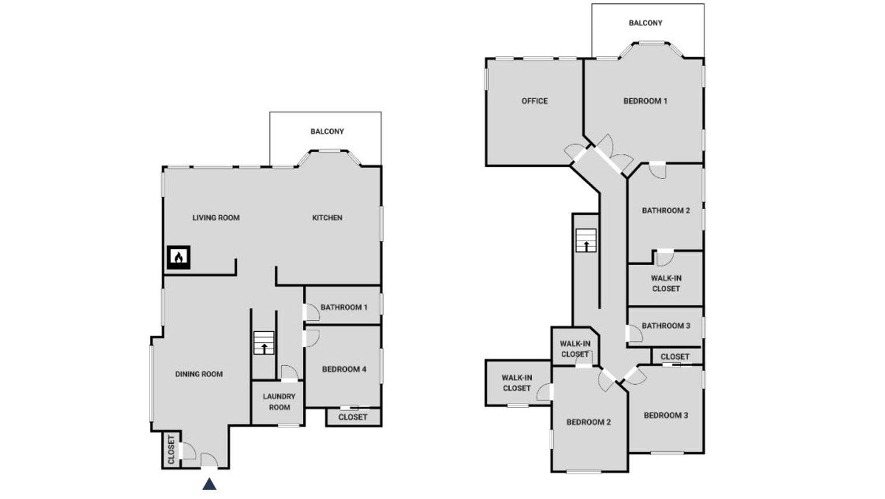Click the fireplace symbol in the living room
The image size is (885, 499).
(x=179, y=257)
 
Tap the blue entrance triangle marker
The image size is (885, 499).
(x=210, y=484)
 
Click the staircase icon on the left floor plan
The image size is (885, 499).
(x=264, y=343)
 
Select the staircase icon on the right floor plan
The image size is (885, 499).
(x=586, y=240)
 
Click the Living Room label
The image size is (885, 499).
(x=216, y=217)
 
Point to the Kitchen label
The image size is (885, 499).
(x=327, y=217)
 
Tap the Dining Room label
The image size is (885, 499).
(x=199, y=374)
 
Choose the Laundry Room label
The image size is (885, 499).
(x=279, y=402)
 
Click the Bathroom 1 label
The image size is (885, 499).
(x=344, y=307)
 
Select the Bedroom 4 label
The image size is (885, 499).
(x=344, y=369)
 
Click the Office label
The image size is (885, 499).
(x=534, y=101)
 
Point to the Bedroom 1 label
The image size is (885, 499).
(x=646, y=101)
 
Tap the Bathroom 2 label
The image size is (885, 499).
(x=666, y=210)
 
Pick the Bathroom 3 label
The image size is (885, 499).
(x=666, y=326)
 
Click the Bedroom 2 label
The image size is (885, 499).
(x=589, y=422)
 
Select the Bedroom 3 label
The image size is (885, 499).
(x=666, y=415)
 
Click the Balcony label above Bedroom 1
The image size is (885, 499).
(x=646, y=23)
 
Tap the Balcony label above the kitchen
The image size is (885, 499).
(x=327, y=131)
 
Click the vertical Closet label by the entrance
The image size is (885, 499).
(x=171, y=450)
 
